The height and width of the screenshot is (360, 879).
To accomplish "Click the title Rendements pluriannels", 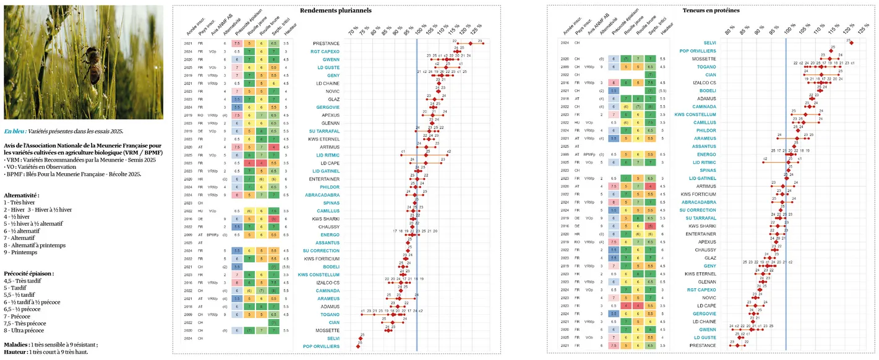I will point(336,11).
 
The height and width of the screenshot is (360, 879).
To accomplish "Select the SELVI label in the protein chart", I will point(709,43).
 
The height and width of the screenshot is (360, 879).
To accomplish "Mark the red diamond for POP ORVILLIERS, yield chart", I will point(358,346).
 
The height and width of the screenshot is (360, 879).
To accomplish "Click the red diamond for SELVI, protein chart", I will point(851,43).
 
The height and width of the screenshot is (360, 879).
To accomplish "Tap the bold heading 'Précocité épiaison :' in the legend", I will point(28,273).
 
